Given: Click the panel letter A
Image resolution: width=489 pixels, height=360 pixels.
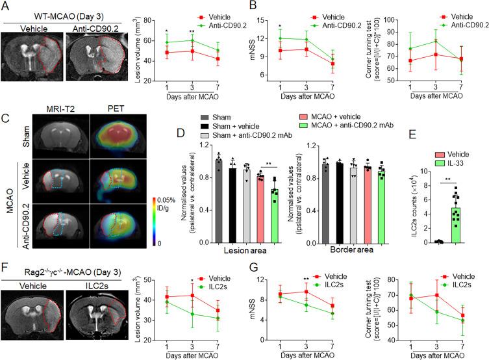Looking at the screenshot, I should (x=5, y=6).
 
